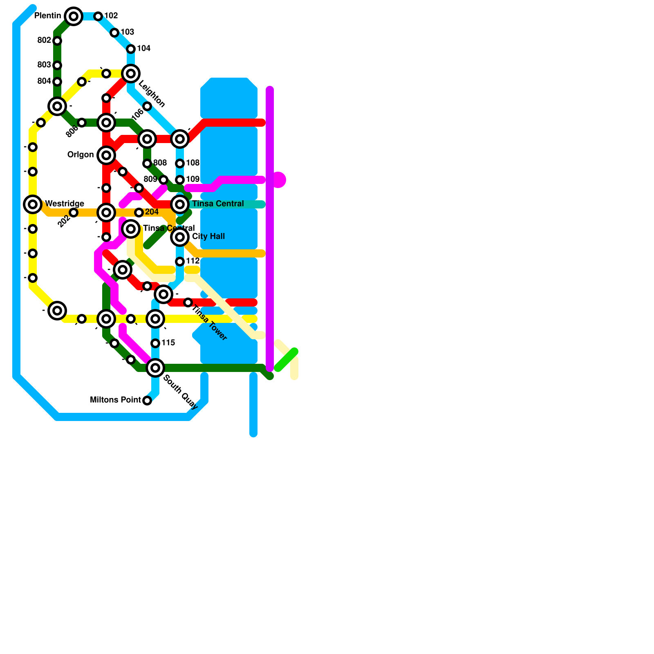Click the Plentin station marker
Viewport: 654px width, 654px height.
(x=74, y=16)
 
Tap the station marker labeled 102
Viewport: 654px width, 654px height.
(x=98, y=16)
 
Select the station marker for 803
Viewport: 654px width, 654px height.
(x=57, y=65)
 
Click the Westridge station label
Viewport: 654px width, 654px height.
(x=65, y=204)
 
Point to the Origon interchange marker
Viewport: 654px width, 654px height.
(x=106, y=155)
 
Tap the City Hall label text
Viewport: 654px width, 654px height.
(x=208, y=236)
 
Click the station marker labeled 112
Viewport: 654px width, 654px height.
(x=180, y=262)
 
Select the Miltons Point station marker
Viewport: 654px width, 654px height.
(x=147, y=401)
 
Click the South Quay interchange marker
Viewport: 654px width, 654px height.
(x=155, y=368)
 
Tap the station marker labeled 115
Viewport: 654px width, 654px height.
(x=155, y=343)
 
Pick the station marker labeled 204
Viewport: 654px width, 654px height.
(x=139, y=213)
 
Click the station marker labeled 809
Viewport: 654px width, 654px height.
(x=163, y=180)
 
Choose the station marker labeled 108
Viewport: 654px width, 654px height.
(x=180, y=163)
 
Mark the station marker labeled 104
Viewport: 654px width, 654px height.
(x=131, y=49)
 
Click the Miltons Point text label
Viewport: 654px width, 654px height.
(x=115, y=400)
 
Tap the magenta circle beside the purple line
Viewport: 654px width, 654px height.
(x=279, y=179)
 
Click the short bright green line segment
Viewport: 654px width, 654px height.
(x=286, y=360)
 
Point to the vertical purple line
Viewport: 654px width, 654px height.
(x=270, y=229)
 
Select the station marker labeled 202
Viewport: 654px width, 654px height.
(x=74, y=213)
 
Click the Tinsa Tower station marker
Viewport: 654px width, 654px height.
(x=188, y=302)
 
